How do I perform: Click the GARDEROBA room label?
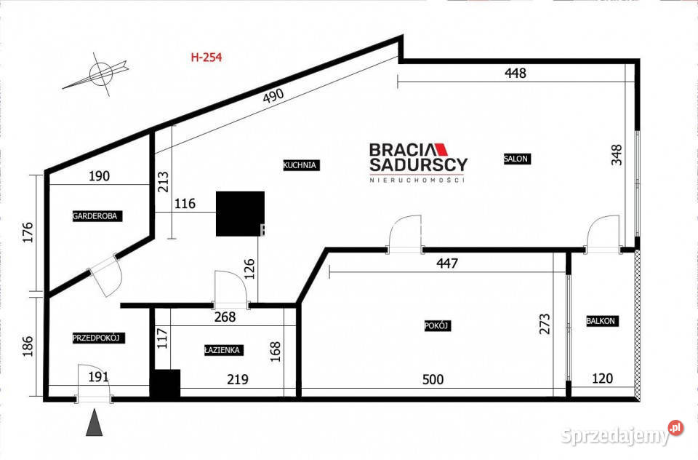pos(95,215)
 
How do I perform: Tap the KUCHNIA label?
pos(301,165)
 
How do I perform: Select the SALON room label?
pos(516,159)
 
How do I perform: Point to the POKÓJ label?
pos(438,326)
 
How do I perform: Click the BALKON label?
pos(602,320)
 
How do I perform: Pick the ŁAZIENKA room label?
pos(223,350)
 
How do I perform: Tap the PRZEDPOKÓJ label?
pos(100,338)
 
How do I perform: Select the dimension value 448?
pos(514,73)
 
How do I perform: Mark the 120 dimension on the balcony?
pos(602,378)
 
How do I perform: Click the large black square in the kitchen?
pos(239,214)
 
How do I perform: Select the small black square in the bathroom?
pos(165,384)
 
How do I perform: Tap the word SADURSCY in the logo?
pos(418,164)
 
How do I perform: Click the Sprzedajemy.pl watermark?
pos(622,435)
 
